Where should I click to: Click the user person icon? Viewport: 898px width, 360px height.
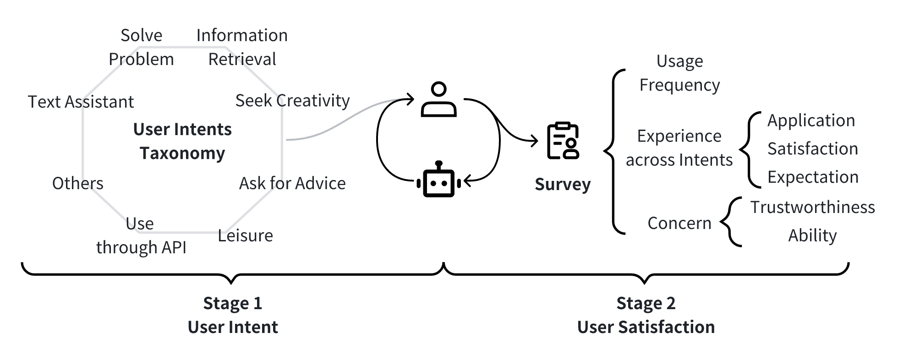(438, 99)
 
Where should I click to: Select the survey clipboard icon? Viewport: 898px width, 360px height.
(563, 141)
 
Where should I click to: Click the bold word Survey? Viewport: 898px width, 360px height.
(563, 184)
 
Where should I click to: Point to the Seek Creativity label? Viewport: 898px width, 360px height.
(292, 101)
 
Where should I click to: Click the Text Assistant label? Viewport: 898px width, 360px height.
(81, 102)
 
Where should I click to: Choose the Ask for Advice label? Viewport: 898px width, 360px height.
(292, 183)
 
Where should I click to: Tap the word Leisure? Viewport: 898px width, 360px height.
(245, 235)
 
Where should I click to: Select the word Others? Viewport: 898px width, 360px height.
(77, 183)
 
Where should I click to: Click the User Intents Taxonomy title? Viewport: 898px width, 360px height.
(182, 141)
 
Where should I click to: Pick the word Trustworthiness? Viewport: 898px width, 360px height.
(812, 207)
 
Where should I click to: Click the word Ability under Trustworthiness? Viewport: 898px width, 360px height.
(812, 235)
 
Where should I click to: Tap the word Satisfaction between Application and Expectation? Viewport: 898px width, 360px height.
(812, 148)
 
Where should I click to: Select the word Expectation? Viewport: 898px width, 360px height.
(813, 177)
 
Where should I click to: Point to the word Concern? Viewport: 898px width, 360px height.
(679, 223)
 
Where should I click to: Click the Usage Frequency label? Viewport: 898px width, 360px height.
(679, 73)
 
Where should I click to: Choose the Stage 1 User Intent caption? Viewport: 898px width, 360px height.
(233, 315)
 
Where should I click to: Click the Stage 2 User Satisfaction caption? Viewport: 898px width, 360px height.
(646, 315)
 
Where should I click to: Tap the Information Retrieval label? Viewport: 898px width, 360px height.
(242, 47)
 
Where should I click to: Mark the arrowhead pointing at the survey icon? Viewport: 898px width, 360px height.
(535, 141)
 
